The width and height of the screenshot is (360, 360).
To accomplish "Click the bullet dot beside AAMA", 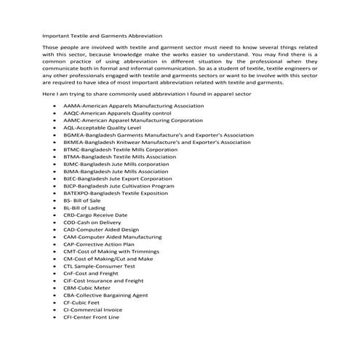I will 56,105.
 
